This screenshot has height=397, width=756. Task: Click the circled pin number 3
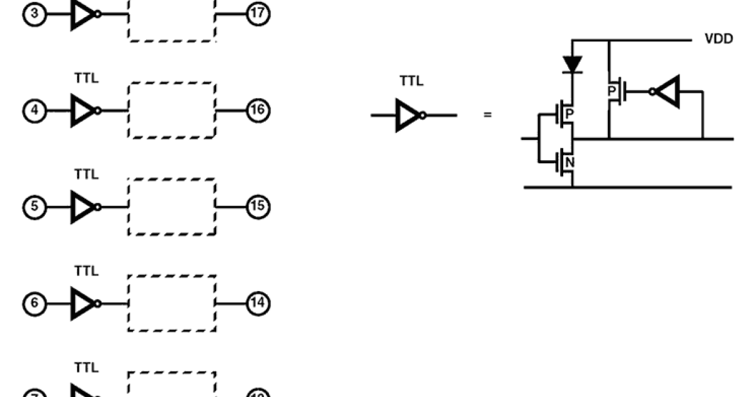pos(34,14)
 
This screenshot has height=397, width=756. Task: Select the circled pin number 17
pos(258,14)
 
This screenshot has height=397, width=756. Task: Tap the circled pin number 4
pos(34,110)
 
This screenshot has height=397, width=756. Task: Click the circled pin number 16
pos(258,110)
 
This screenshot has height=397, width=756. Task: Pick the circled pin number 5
pos(34,206)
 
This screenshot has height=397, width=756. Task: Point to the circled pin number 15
pos(258,206)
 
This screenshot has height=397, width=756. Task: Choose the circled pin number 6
pos(34,303)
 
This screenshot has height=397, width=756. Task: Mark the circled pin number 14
pos(258,303)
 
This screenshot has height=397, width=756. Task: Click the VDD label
pos(718,39)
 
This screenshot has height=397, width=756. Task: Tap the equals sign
pos(487,115)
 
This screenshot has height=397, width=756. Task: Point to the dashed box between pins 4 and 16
pos(172,110)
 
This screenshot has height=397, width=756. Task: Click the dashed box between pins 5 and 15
pos(172,207)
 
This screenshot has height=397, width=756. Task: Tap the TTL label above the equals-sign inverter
pos(411,81)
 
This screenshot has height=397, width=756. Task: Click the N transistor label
pos(570,163)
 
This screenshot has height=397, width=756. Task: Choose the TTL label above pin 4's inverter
pos(86,78)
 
